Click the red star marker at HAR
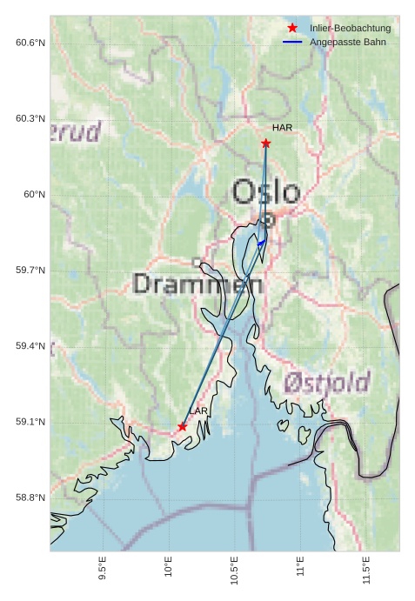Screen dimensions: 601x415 265,143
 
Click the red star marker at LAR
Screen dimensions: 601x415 182,426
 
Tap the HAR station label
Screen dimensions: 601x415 282,128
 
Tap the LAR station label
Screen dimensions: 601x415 198,411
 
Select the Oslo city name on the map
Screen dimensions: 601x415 266,192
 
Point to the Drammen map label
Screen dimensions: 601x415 198,284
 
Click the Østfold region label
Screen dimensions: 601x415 327,382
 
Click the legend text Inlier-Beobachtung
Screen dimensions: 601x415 350,29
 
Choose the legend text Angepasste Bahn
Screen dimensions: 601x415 347,42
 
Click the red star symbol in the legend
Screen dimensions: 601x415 292,28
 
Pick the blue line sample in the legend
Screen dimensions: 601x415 292,42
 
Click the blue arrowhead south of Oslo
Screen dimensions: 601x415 261,243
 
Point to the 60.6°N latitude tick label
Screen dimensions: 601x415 30,43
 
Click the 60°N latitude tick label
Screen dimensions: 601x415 34,195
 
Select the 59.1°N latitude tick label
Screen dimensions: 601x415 30,423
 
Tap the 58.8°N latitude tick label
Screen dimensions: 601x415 30,498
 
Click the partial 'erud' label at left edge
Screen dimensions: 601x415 77,132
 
